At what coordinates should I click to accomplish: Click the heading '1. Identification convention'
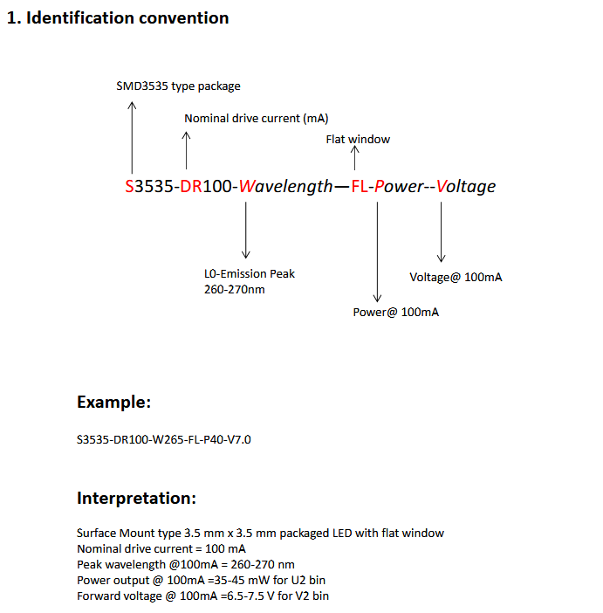[x=118, y=18]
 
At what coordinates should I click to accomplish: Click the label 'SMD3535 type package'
[x=178, y=86]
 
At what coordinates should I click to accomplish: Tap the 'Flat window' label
[x=358, y=140]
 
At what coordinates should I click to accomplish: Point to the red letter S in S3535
[x=130, y=186]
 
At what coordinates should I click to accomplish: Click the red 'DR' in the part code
[x=191, y=186]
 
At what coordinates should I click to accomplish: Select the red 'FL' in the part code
[x=360, y=186]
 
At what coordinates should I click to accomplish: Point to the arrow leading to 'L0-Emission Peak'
[x=247, y=231]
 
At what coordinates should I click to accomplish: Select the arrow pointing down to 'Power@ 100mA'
[x=377, y=253]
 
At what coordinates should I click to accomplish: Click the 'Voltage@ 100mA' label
[x=456, y=278]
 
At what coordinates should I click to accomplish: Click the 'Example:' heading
[x=113, y=403]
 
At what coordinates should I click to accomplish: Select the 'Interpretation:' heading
[x=136, y=499]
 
